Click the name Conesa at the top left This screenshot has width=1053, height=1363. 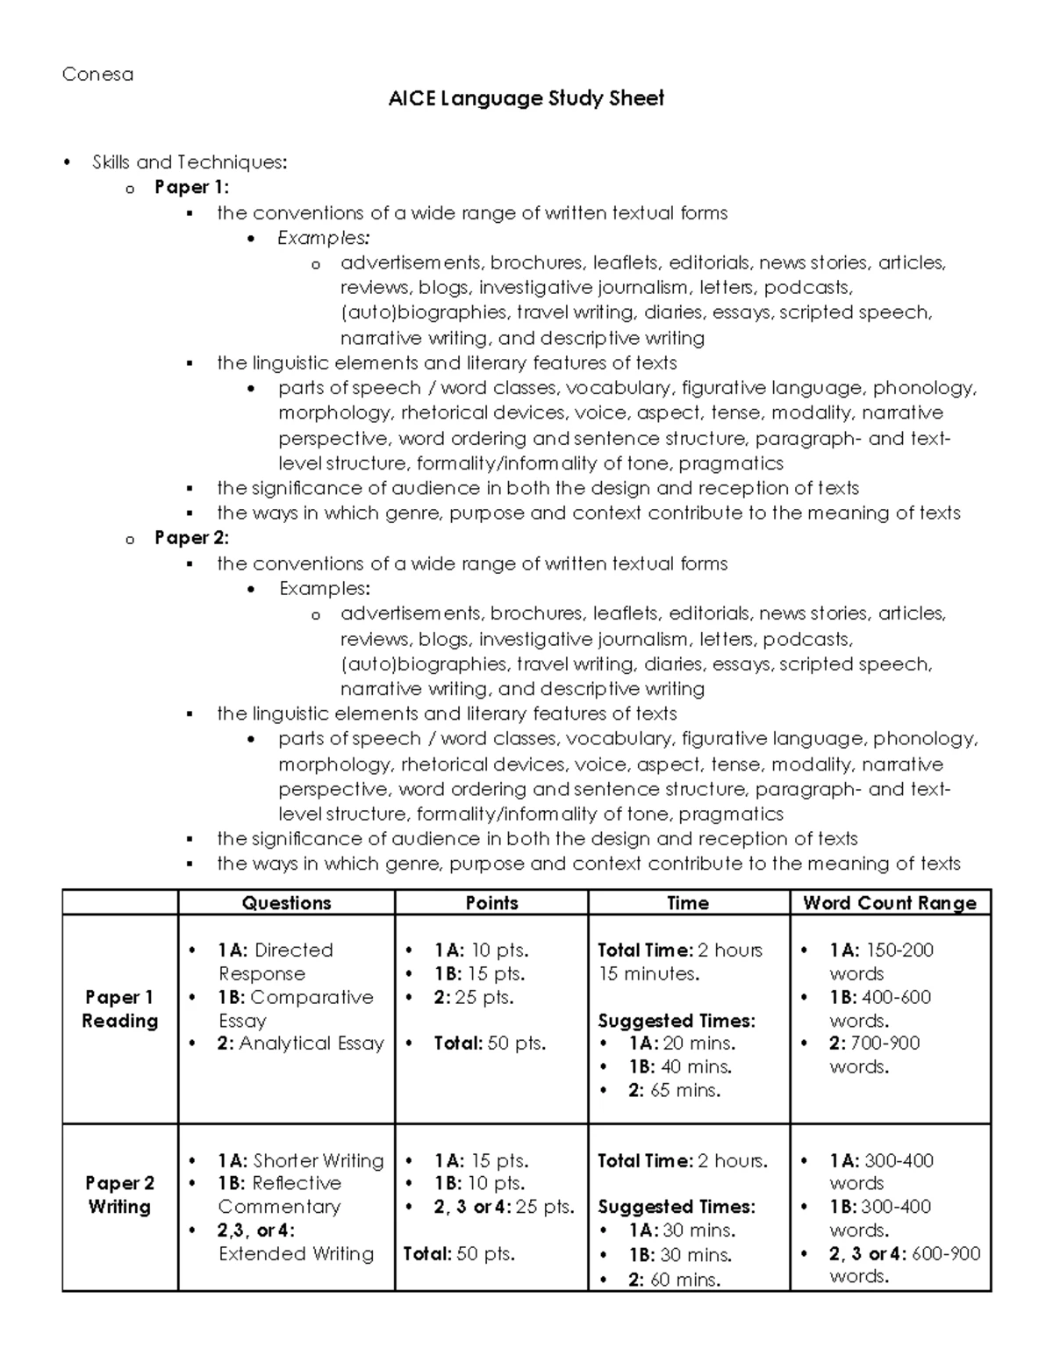coord(97,75)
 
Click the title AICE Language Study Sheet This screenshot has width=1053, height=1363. coord(526,98)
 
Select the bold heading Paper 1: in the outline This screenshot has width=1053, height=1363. coord(191,187)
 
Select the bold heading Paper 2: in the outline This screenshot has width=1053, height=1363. coord(191,538)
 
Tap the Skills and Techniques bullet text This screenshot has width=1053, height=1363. coord(189,162)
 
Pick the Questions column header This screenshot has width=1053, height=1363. coord(286,903)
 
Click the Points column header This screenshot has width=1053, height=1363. coord(491,903)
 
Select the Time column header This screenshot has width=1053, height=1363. coord(688,903)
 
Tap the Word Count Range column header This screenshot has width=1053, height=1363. coord(890,903)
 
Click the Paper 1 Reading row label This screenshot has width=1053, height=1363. coord(119,1009)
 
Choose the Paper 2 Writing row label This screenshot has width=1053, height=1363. coord(119,1194)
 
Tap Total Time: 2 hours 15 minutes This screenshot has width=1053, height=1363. coord(679,962)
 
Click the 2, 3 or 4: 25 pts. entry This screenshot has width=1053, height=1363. coord(504,1207)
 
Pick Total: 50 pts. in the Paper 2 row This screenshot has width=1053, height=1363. coord(459,1254)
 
